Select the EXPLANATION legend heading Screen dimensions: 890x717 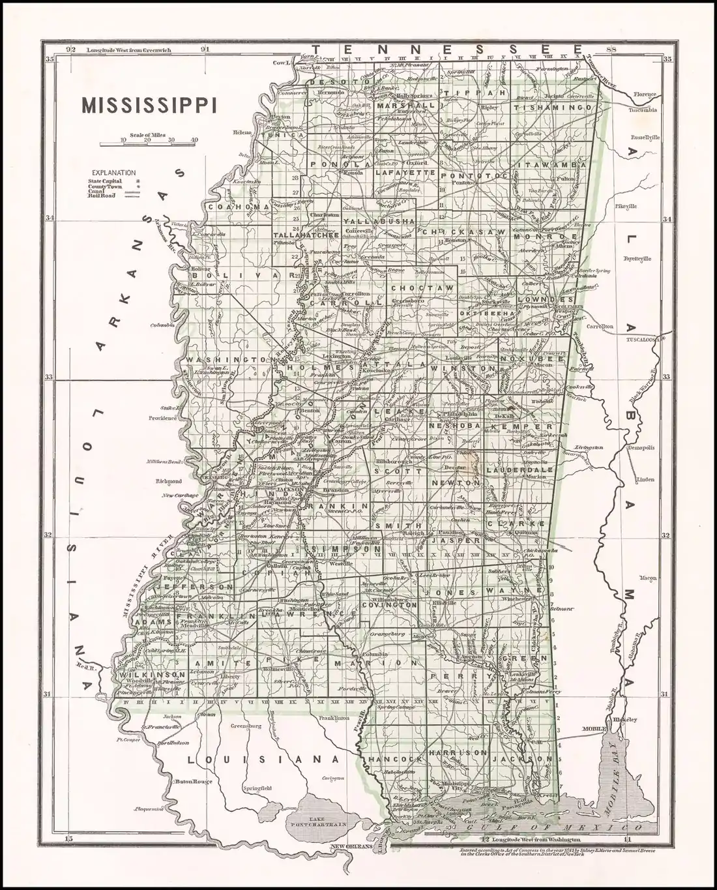113,173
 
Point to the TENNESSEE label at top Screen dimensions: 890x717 447,50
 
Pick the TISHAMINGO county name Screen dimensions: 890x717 554,106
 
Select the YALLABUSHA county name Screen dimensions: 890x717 379,222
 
